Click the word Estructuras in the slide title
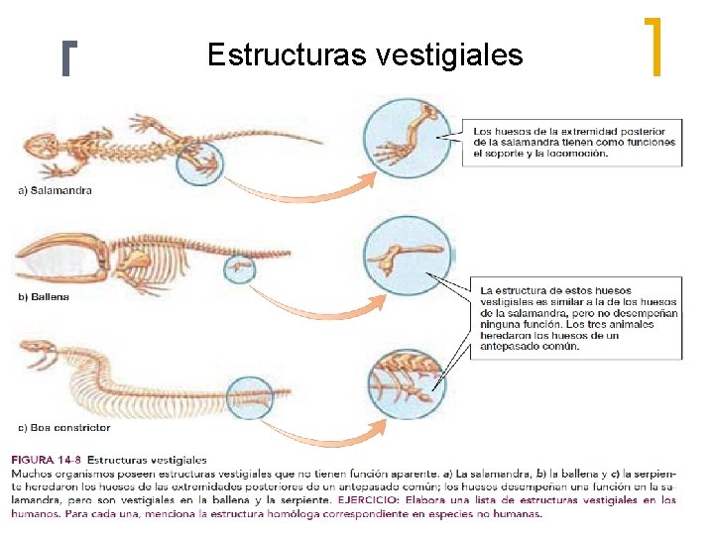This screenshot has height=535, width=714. pos(288,54)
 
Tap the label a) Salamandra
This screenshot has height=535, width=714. pos(56,189)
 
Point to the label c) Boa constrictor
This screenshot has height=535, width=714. pos(65,428)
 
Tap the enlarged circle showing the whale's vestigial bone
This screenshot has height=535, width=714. pos(408,257)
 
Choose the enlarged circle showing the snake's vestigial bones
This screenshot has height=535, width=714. pos(408,380)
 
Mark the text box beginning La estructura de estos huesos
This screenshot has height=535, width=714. pos(574,316)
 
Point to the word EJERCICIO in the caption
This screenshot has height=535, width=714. pos(369,500)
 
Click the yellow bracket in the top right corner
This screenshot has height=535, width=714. pos(653,47)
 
